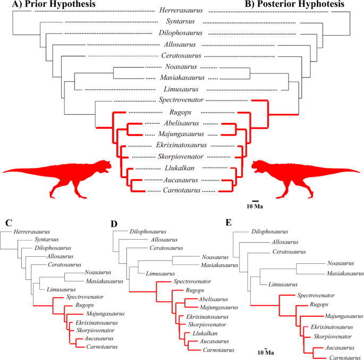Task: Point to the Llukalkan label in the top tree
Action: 181,168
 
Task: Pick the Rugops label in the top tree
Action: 181,112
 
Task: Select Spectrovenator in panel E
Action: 316,295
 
